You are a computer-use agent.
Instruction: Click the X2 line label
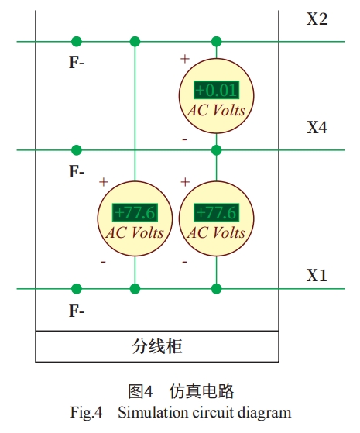317,19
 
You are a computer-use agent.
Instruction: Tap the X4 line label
317,128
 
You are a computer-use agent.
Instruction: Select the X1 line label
317,275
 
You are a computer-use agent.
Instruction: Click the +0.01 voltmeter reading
216,90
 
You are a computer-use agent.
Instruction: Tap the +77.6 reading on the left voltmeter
135,213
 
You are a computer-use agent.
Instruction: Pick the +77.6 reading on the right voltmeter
216,213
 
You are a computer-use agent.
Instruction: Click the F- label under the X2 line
77,62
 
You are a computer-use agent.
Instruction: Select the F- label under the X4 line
77,171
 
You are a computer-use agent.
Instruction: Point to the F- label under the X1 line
77,311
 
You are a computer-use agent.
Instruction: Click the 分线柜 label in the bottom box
157,346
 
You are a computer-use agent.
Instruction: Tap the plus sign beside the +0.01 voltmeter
185,59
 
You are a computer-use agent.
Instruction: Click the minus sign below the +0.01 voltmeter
185,139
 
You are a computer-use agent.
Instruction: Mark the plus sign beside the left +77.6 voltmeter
104,182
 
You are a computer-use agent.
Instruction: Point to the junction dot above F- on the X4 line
77,150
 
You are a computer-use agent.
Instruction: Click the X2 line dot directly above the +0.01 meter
217,42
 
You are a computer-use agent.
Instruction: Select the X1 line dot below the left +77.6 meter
135,289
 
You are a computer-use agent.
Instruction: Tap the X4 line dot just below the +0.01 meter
217,150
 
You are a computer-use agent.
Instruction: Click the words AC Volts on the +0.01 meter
216,111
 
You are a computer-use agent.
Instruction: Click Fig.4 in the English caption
86,413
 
